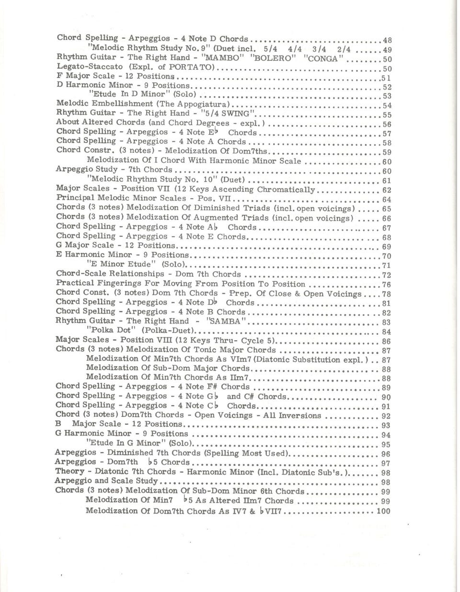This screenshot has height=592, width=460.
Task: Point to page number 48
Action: coord(388,40)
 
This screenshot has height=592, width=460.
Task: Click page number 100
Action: coord(383,511)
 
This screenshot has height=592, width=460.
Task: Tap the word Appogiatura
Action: coord(204,104)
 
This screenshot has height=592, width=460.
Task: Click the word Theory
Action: coord(70,472)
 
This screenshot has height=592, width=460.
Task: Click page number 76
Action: coord(386,285)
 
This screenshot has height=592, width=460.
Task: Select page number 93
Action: coord(386,425)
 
